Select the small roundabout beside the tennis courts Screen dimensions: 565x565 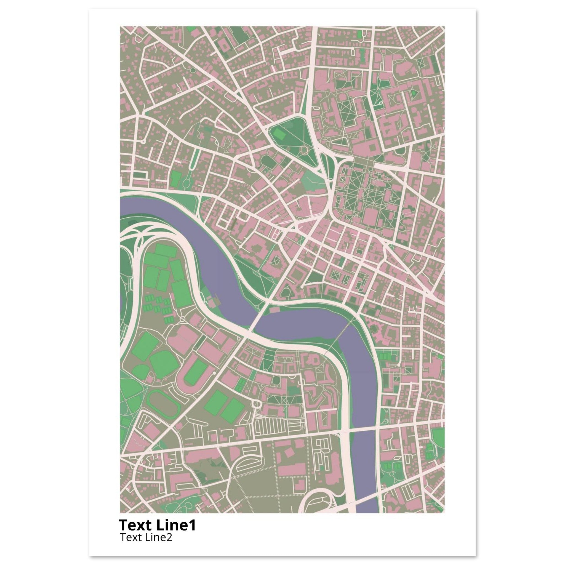tap(183, 319)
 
